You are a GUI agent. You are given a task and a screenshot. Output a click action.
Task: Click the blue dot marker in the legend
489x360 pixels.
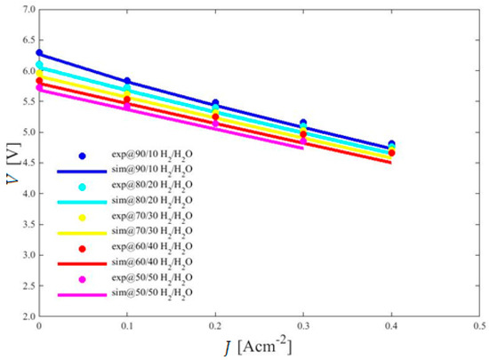[82, 156]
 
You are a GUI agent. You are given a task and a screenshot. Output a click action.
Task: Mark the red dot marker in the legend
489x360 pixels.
[82, 248]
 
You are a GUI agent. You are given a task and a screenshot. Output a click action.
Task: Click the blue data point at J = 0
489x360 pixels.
[39, 53]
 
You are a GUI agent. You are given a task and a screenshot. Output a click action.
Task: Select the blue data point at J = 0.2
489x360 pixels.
[215, 104]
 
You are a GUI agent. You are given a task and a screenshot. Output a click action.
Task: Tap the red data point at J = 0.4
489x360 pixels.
[391, 153]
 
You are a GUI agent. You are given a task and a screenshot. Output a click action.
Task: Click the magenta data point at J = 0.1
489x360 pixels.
[127, 107]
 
